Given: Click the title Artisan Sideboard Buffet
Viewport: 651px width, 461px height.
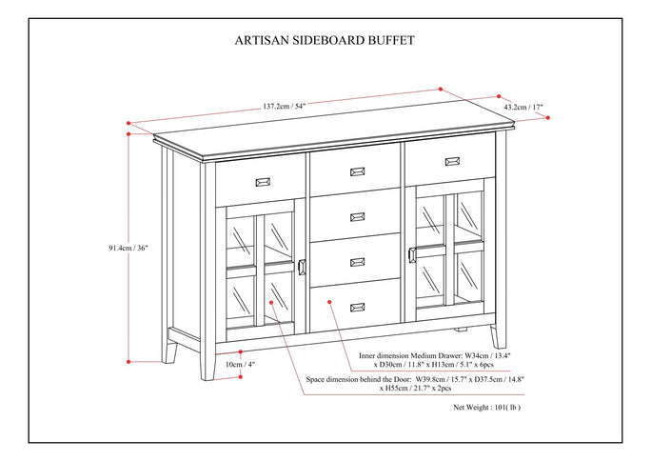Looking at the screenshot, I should [325, 41].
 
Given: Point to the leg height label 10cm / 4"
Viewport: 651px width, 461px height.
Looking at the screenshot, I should [241, 364].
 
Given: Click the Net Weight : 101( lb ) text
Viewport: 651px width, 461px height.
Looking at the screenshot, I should [486, 407].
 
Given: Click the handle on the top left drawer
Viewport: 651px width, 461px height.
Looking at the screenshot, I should [262, 180].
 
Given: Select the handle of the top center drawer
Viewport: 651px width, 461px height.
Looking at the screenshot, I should [358, 171].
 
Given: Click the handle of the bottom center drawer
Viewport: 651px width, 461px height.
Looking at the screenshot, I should [358, 306].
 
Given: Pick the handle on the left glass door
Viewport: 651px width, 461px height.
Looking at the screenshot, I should [302, 267].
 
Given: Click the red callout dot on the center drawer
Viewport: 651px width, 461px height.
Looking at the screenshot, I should [328, 302].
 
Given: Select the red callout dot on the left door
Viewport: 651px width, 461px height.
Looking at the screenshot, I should [272, 302].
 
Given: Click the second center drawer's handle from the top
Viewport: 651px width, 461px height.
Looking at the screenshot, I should [358, 215].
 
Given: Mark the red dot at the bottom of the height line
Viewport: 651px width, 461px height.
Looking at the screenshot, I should [129, 362].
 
